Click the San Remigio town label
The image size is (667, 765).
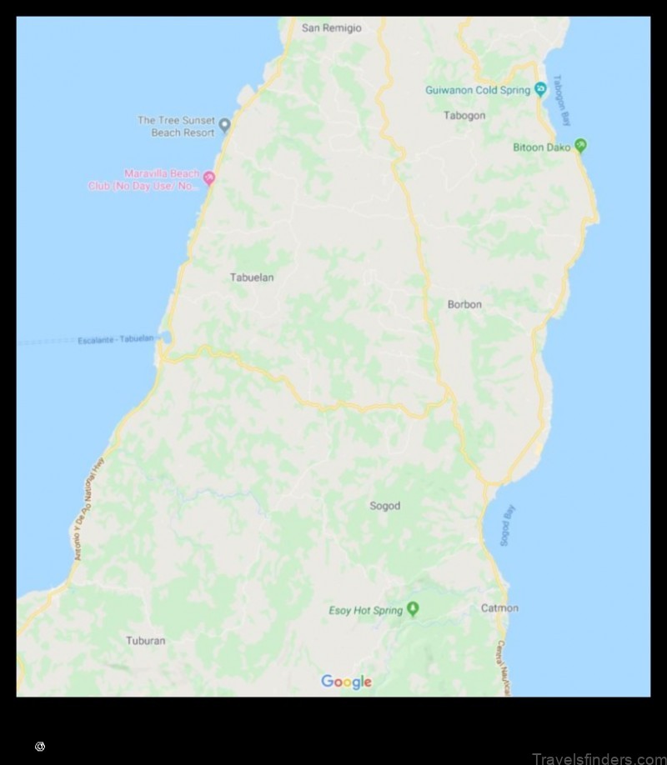point(332,27)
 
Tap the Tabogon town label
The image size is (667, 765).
point(464,116)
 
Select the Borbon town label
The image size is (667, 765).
point(464,304)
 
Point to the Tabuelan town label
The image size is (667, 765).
point(252,277)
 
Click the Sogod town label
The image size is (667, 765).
point(385,506)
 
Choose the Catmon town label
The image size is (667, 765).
point(499,608)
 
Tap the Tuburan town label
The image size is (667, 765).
point(146,641)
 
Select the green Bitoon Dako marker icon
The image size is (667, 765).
point(581,146)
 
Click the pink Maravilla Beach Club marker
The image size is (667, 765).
point(209,177)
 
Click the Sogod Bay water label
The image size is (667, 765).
point(504,526)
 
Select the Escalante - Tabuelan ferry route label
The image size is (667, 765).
point(116,339)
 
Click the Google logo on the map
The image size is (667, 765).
point(346,682)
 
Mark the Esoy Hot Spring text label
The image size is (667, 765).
point(366,611)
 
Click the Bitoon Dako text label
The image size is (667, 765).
point(542,147)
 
